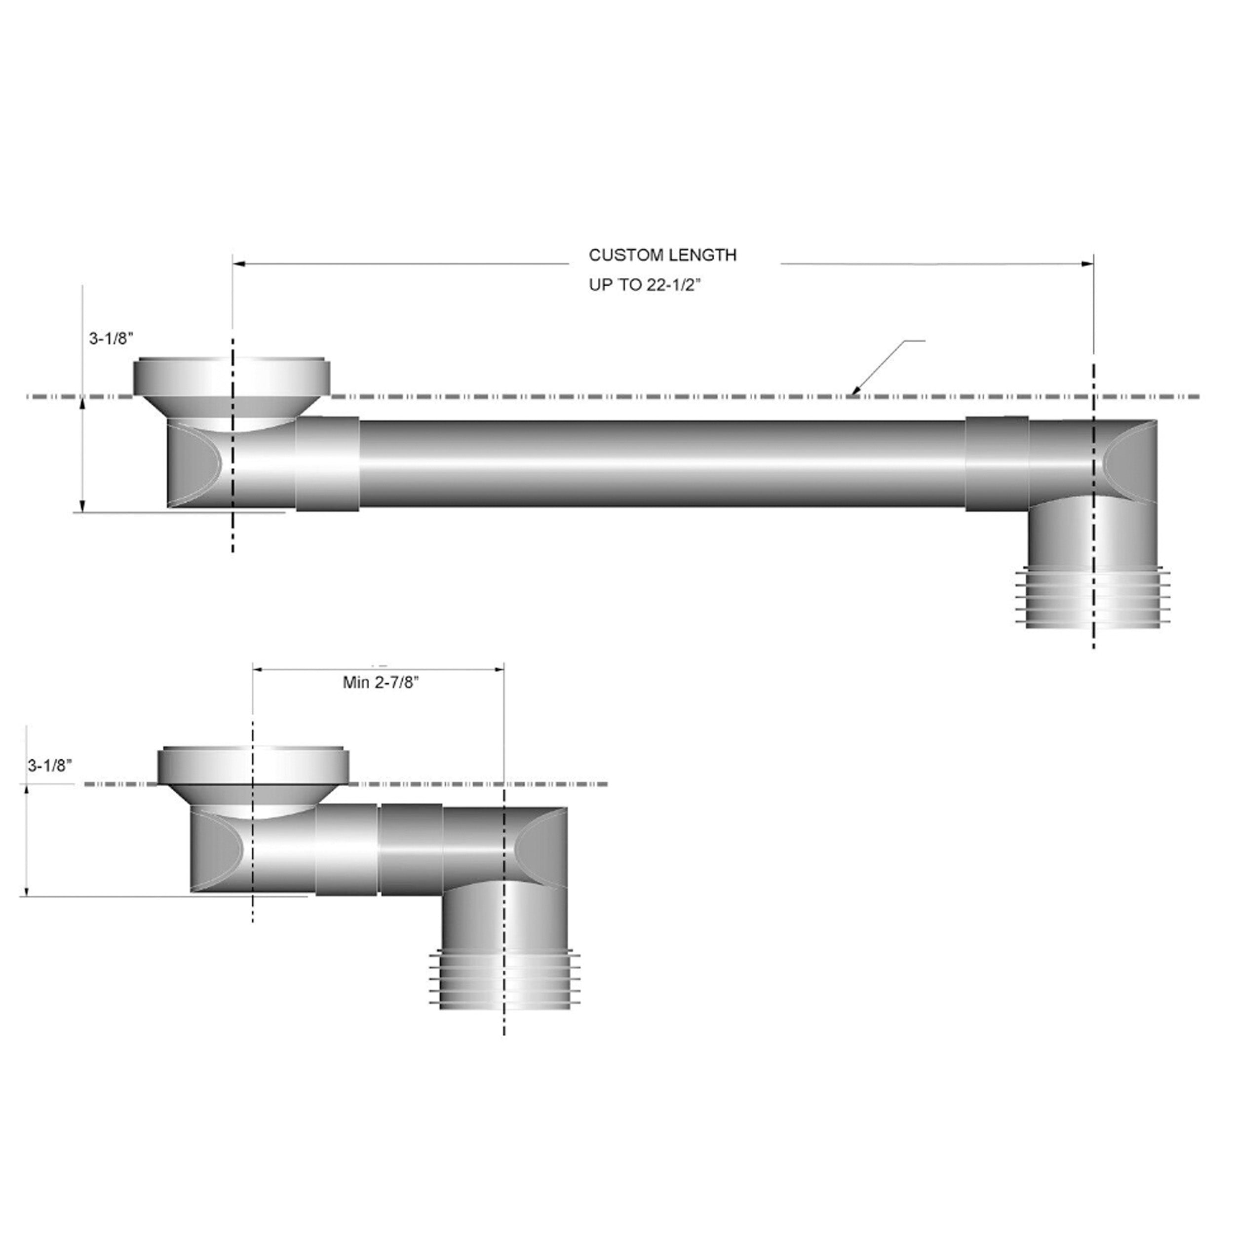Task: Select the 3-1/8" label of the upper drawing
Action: click(x=111, y=339)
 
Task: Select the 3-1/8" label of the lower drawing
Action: click(x=50, y=766)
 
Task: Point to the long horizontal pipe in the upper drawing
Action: click(x=661, y=463)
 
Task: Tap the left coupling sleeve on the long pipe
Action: click(x=327, y=463)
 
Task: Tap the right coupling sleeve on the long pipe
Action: click(x=997, y=463)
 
